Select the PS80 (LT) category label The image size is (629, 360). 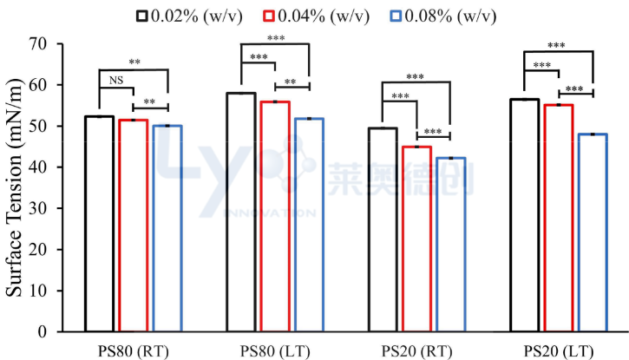tap(275, 350)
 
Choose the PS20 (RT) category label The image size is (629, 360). tap(416, 350)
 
